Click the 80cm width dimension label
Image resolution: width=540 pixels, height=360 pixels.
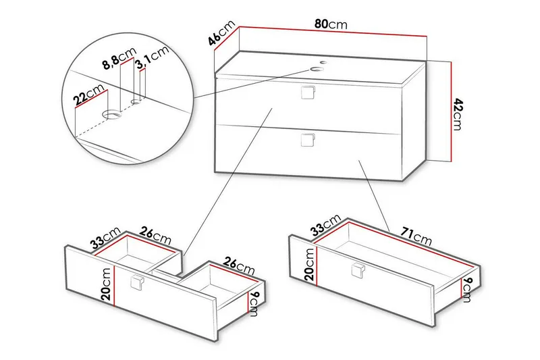331,24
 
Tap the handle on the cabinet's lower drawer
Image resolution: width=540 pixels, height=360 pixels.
308,140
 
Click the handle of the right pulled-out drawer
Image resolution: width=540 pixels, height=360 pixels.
357,271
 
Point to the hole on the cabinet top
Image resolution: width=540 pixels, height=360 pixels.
317,68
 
